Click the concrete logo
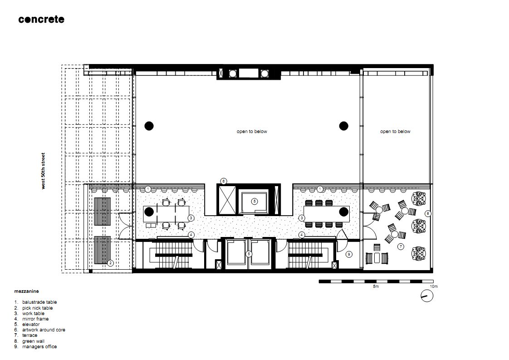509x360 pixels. coord(41,20)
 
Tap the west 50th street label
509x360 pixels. coord(43,171)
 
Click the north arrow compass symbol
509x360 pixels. coord(427,296)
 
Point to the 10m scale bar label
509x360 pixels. coord(433,286)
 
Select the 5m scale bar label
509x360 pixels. coord(376,286)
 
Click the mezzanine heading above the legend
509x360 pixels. coord(27,291)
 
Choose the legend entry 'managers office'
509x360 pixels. coord(35,347)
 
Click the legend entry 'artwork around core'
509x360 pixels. coord(39,330)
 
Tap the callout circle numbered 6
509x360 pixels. coord(223,181)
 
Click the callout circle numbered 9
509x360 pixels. coord(349,254)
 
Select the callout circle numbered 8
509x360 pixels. coord(428,213)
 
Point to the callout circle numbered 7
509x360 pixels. coord(401,247)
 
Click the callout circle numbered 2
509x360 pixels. coord(110,263)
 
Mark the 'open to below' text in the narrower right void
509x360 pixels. coord(395,132)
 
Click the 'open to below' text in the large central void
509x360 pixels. coord(252,132)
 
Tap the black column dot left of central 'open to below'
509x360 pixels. coord(149,126)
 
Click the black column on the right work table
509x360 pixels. coord(344,212)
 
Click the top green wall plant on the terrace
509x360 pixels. coord(419,198)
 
